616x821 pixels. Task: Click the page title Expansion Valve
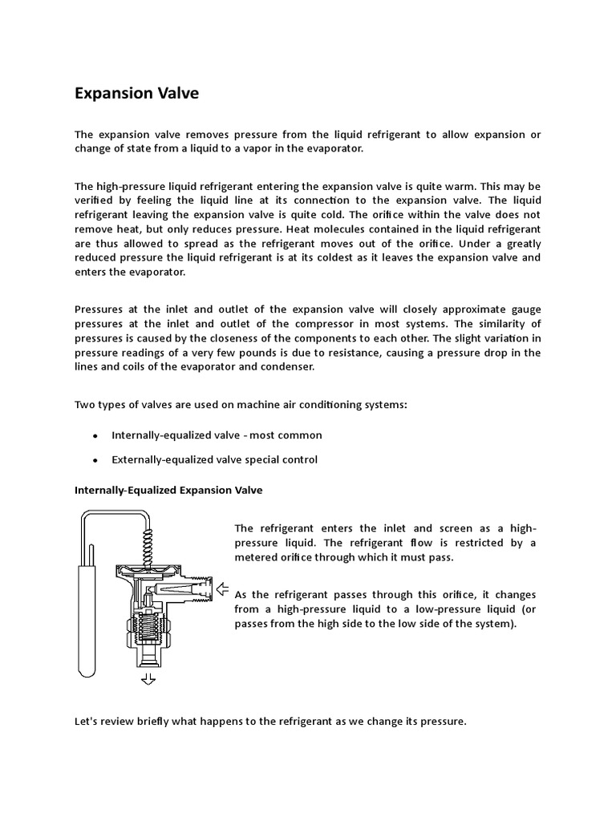click(x=136, y=94)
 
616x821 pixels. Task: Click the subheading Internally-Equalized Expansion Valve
click(x=168, y=489)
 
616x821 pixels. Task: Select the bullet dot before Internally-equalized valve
click(x=95, y=435)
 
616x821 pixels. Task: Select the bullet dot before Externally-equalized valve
click(x=95, y=460)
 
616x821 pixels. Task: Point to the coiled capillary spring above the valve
click(x=147, y=540)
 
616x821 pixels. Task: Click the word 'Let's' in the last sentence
click(x=87, y=722)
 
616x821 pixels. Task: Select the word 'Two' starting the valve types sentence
click(x=84, y=405)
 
